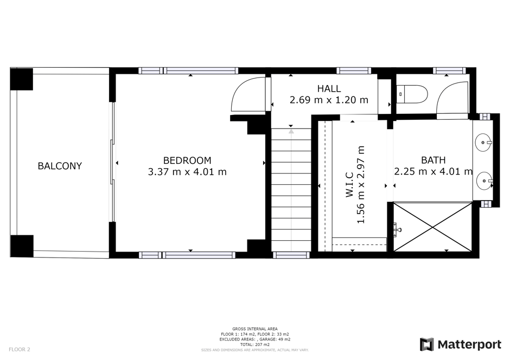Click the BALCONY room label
point(60,166)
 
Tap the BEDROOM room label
point(187,160)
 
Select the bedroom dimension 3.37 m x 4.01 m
point(187,171)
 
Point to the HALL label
point(329,88)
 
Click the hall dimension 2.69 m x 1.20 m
point(329,100)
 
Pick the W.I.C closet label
point(349,184)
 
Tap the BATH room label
point(433,160)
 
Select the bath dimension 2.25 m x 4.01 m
point(433,171)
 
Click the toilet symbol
point(412,94)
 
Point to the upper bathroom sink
point(483,143)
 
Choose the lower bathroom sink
point(484,181)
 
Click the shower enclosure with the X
point(432,227)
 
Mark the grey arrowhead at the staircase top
point(291,132)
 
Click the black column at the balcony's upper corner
point(22,79)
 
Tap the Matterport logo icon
point(427,344)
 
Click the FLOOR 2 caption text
point(20,350)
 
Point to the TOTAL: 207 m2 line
point(254,344)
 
